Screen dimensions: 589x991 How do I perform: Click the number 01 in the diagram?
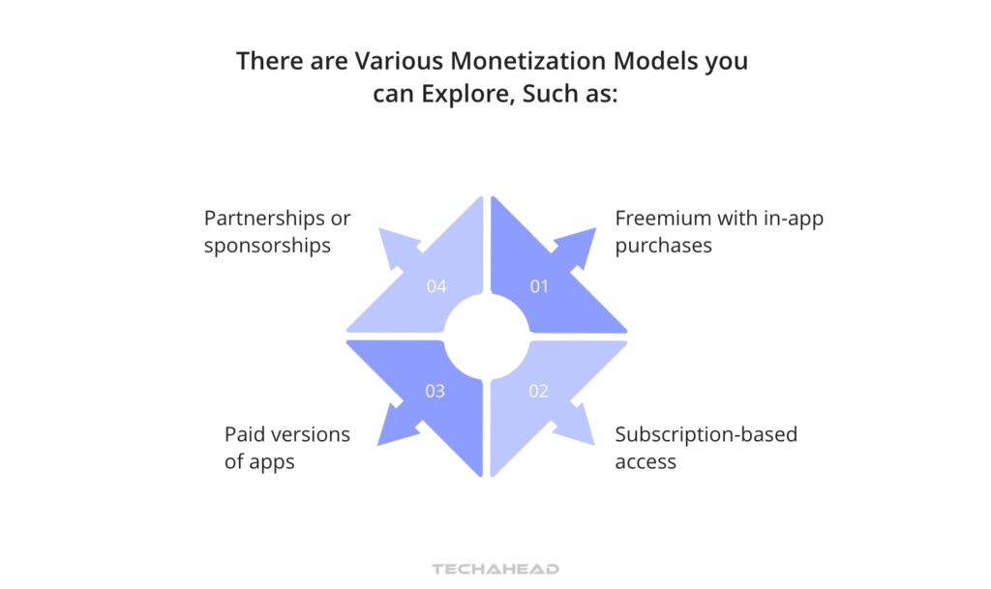539,286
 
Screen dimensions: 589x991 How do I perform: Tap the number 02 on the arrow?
539,391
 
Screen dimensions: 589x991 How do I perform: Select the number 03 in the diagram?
435,391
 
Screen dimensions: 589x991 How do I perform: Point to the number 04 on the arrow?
435,286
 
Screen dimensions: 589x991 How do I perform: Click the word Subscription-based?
706,434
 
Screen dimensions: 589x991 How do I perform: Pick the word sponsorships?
267,246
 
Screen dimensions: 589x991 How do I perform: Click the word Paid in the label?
246,434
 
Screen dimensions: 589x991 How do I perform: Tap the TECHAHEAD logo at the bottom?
495,569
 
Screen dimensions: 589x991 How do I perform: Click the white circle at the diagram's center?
487,339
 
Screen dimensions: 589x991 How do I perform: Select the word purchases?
663,246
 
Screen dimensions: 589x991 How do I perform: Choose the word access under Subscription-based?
646,461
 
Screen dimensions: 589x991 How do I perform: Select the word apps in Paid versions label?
272,461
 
